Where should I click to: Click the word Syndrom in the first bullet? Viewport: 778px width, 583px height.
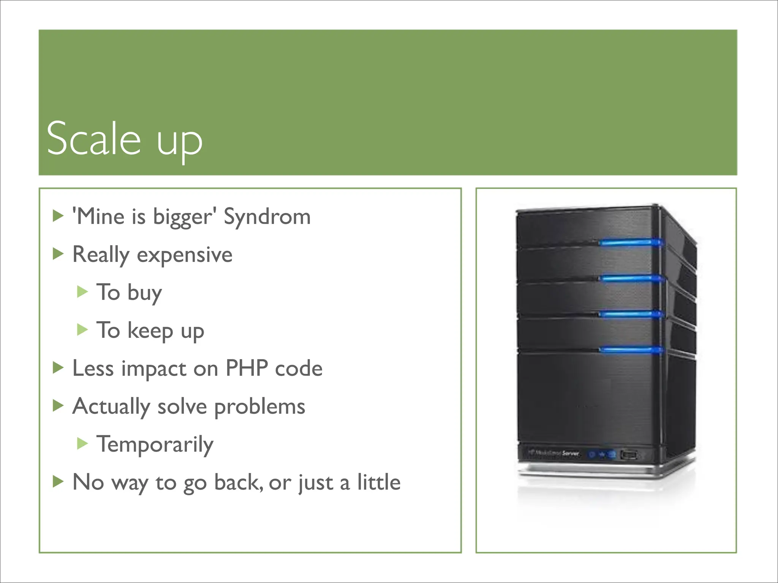(x=267, y=217)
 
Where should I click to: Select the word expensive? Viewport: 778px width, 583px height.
(x=184, y=255)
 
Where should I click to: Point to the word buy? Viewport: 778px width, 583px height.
(x=144, y=293)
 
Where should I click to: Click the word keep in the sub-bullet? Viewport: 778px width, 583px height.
(x=150, y=331)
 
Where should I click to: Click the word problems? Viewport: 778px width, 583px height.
(x=259, y=407)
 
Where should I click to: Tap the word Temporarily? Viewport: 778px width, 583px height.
(x=155, y=445)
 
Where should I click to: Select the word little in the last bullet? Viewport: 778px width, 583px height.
(x=378, y=482)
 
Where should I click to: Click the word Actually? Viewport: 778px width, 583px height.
(x=111, y=407)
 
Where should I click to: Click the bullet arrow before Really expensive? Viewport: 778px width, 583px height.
(x=58, y=254)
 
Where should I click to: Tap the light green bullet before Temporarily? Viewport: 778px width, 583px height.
(x=82, y=443)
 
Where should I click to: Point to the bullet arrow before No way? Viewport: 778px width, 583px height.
(x=58, y=481)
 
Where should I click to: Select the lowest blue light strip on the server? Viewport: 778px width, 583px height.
(x=631, y=350)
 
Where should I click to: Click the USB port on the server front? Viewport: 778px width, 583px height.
(x=629, y=454)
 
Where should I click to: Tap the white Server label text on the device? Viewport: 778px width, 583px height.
(x=570, y=453)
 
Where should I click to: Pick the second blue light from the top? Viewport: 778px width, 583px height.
(x=631, y=279)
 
